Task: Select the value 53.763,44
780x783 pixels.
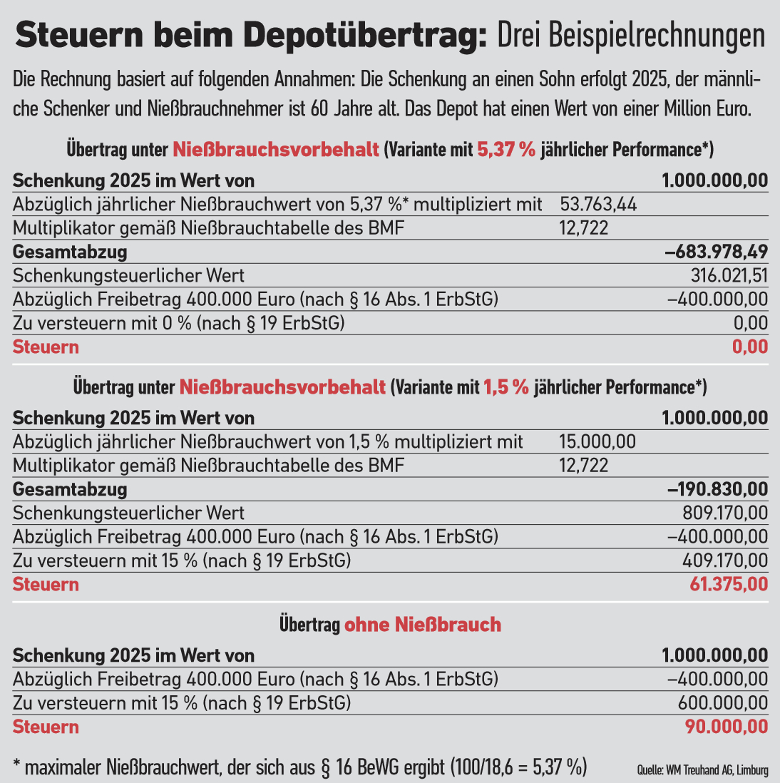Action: coord(598,205)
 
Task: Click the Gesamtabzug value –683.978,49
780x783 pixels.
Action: coord(716,252)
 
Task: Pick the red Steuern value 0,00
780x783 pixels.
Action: coord(750,347)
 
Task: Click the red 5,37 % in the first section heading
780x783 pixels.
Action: coord(506,150)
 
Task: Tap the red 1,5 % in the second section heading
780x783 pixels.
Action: coord(506,387)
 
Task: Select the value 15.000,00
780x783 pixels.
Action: coord(597,441)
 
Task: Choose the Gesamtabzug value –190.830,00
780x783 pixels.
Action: coord(717,489)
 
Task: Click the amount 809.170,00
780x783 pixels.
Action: coord(725,513)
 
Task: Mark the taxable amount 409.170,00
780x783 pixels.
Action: coord(724,561)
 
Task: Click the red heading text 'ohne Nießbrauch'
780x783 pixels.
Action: coord(423,625)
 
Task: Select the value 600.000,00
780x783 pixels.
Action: coord(723,703)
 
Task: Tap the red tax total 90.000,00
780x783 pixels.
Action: coord(727,727)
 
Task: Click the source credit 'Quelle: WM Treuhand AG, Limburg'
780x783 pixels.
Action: coord(702,770)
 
